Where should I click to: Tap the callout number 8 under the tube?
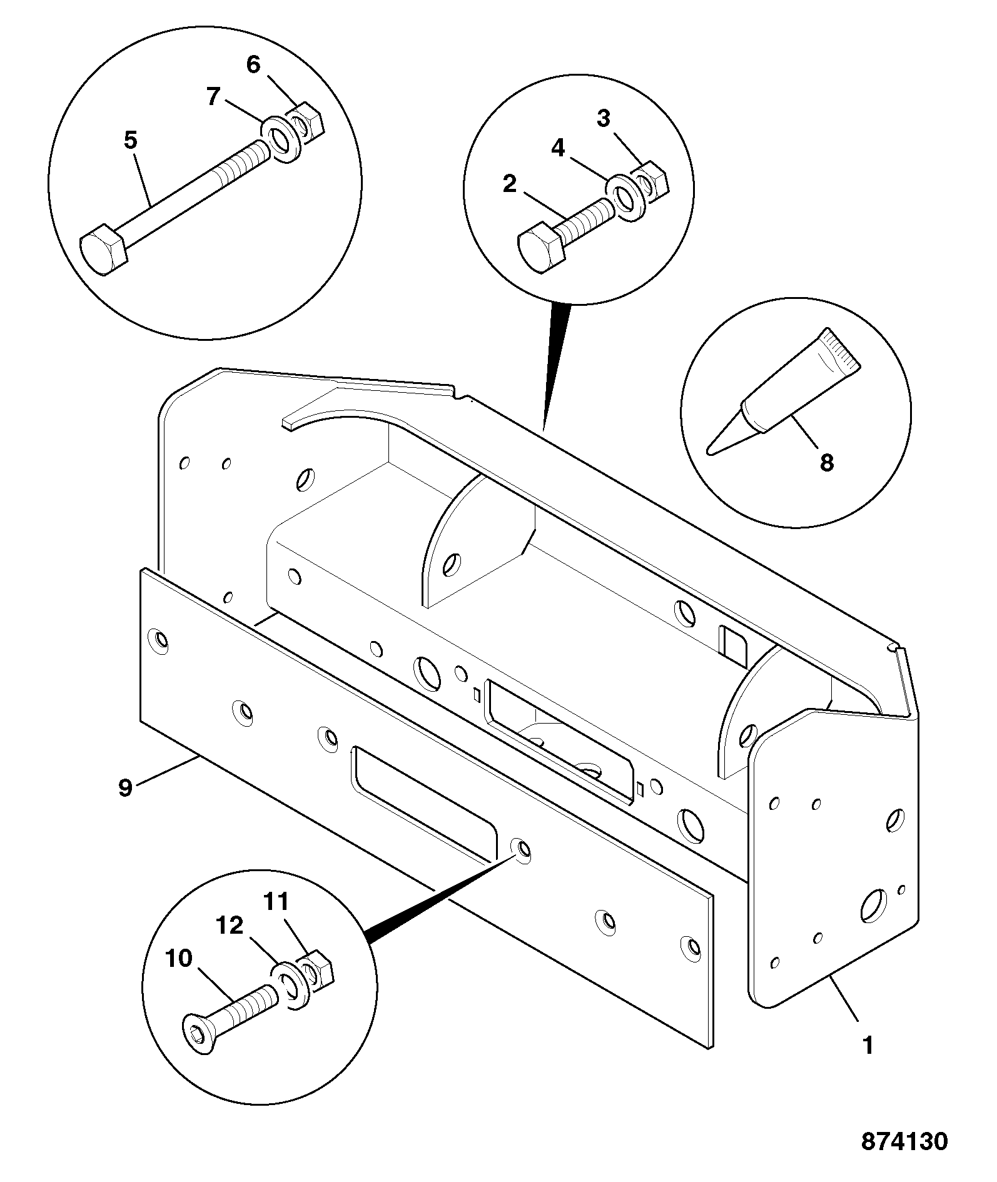click(x=826, y=463)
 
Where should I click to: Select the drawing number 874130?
click(x=904, y=1141)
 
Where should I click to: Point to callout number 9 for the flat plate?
click(x=126, y=788)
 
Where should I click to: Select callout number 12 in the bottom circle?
click(x=230, y=925)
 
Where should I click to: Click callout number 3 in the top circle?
click(x=603, y=118)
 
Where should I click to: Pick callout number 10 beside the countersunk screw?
click(x=179, y=959)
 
